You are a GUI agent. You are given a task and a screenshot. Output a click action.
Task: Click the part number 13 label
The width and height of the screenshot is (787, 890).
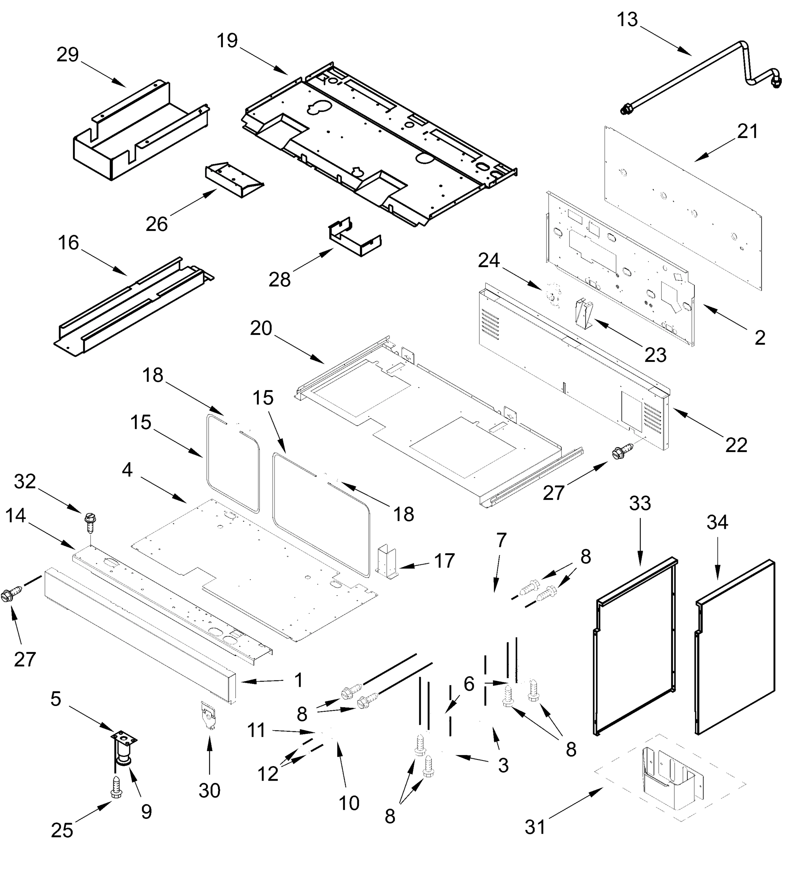627,20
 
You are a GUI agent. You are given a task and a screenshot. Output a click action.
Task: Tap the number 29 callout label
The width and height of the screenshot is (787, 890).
67,55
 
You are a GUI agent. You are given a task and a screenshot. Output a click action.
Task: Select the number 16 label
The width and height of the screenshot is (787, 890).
68,243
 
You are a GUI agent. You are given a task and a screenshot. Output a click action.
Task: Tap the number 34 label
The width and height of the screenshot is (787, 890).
717,522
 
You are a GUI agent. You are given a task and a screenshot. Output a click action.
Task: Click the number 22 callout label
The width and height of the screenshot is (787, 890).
736,445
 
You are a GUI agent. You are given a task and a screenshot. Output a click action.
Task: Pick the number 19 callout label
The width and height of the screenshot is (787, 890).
227,41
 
